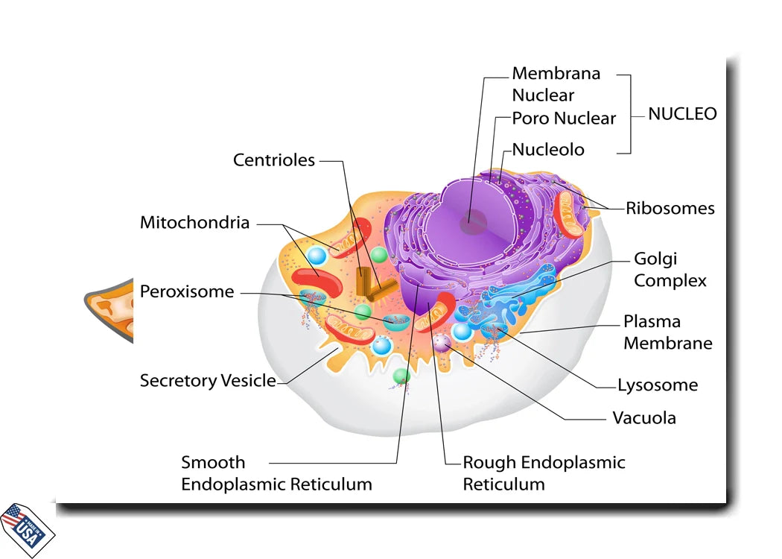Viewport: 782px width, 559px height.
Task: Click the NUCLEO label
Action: [x=682, y=114]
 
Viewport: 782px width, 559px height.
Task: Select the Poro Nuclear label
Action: [x=564, y=119]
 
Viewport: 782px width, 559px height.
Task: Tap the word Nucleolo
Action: [x=548, y=150]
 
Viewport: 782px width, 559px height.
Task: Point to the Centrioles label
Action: [x=274, y=160]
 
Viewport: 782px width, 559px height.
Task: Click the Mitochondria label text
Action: [x=195, y=223]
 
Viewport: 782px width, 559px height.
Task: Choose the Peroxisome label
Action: [x=187, y=291]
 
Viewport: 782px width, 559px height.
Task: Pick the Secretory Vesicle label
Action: [x=208, y=381]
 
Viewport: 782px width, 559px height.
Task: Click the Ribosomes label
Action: [x=670, y=209]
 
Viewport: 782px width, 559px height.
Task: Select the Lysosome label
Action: [x=658, y=385]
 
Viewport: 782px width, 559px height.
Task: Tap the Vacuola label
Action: [x=644, y=417]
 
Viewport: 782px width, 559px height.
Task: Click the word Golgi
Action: [x=655, y=259]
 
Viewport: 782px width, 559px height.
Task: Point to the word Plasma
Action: [x=652, y=322]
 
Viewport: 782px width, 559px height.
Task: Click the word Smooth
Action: [x=213, y=462]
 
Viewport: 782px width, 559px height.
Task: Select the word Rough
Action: [x=487, y=462]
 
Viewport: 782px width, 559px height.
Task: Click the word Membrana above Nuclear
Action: [x=556, y=74]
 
